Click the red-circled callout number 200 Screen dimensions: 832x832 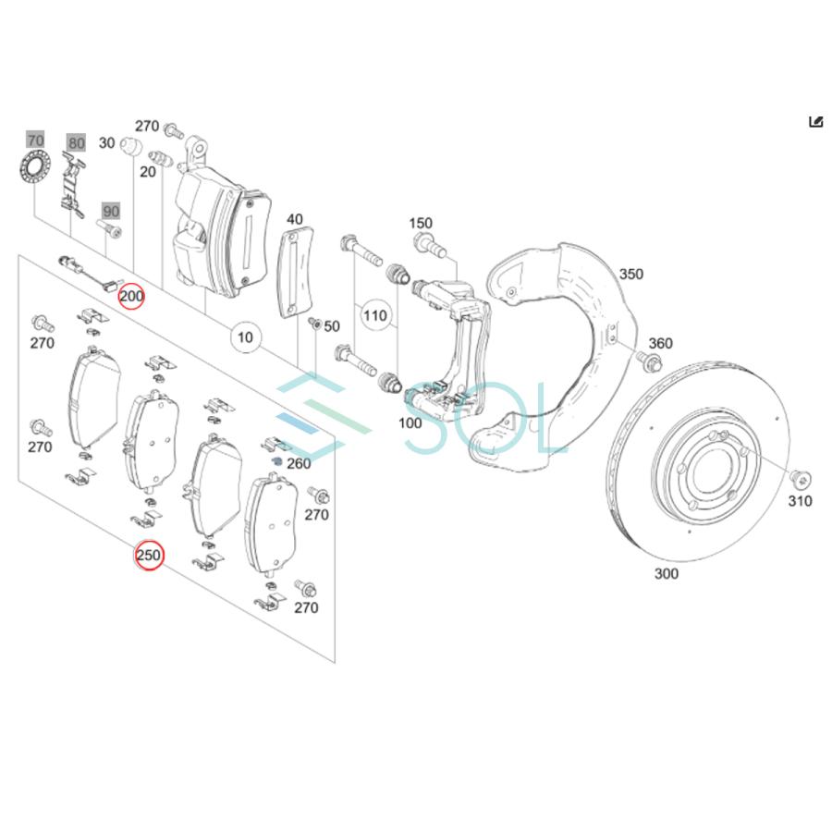[131, 296]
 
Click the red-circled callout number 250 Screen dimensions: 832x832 [149, 556]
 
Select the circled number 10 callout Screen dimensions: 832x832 [245, 337]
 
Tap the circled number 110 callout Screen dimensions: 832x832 [374, 315]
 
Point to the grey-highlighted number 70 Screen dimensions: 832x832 [35, 141]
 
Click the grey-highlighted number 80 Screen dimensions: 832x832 [76, 142]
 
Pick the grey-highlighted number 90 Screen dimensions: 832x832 [111, 211]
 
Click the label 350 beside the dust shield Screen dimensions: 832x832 [631, 274]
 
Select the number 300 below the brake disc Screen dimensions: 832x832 [666, 573]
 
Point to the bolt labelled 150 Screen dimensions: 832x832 [428, 246]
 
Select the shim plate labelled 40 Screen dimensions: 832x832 [296, 274]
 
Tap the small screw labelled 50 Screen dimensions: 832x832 [313, 324]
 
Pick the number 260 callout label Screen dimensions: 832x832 [299, 463]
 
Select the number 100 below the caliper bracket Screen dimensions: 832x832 [410, 423]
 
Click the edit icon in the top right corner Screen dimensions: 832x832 [815, 122]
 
